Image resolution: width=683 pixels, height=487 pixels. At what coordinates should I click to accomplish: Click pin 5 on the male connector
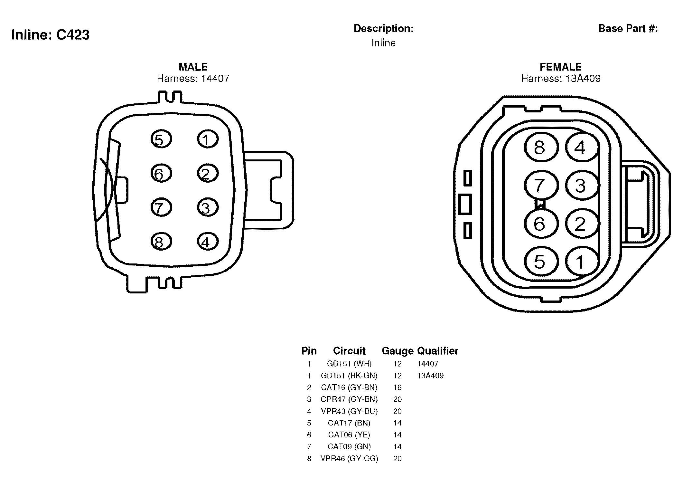coord(161,139)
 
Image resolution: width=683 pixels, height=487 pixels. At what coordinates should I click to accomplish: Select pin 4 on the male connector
coord(208,242)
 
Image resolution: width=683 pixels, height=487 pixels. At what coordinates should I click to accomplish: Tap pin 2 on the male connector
coord(208,173)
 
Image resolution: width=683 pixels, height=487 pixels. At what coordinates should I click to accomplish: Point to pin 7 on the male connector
coord(161,207)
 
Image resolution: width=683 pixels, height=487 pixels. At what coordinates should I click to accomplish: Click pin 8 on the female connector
coord(541,148)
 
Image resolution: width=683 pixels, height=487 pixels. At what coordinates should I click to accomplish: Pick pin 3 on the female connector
coord(581,185)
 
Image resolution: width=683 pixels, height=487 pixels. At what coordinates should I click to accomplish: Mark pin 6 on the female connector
coord(541,224)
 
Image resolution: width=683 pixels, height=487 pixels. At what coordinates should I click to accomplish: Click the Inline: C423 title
coord(50,35)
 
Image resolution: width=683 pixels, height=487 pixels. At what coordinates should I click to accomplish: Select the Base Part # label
coord(628,28)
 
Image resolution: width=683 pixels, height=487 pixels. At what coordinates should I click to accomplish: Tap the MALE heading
coord(193,67)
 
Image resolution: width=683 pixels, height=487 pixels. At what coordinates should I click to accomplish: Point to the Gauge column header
coord(398,351)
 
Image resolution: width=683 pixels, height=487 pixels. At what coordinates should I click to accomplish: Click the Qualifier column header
coord(437,350)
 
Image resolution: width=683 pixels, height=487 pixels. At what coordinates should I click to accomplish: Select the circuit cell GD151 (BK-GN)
coord(349,376)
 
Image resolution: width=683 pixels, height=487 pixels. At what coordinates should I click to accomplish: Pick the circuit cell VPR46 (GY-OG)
coord(349,459)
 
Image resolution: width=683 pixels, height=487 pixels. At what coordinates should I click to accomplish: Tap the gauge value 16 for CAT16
coord(398,387)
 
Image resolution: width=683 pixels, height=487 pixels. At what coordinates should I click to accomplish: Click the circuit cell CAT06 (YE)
coord(349,435)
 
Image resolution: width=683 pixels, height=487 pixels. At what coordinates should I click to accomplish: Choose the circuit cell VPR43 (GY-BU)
coord(349,411)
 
